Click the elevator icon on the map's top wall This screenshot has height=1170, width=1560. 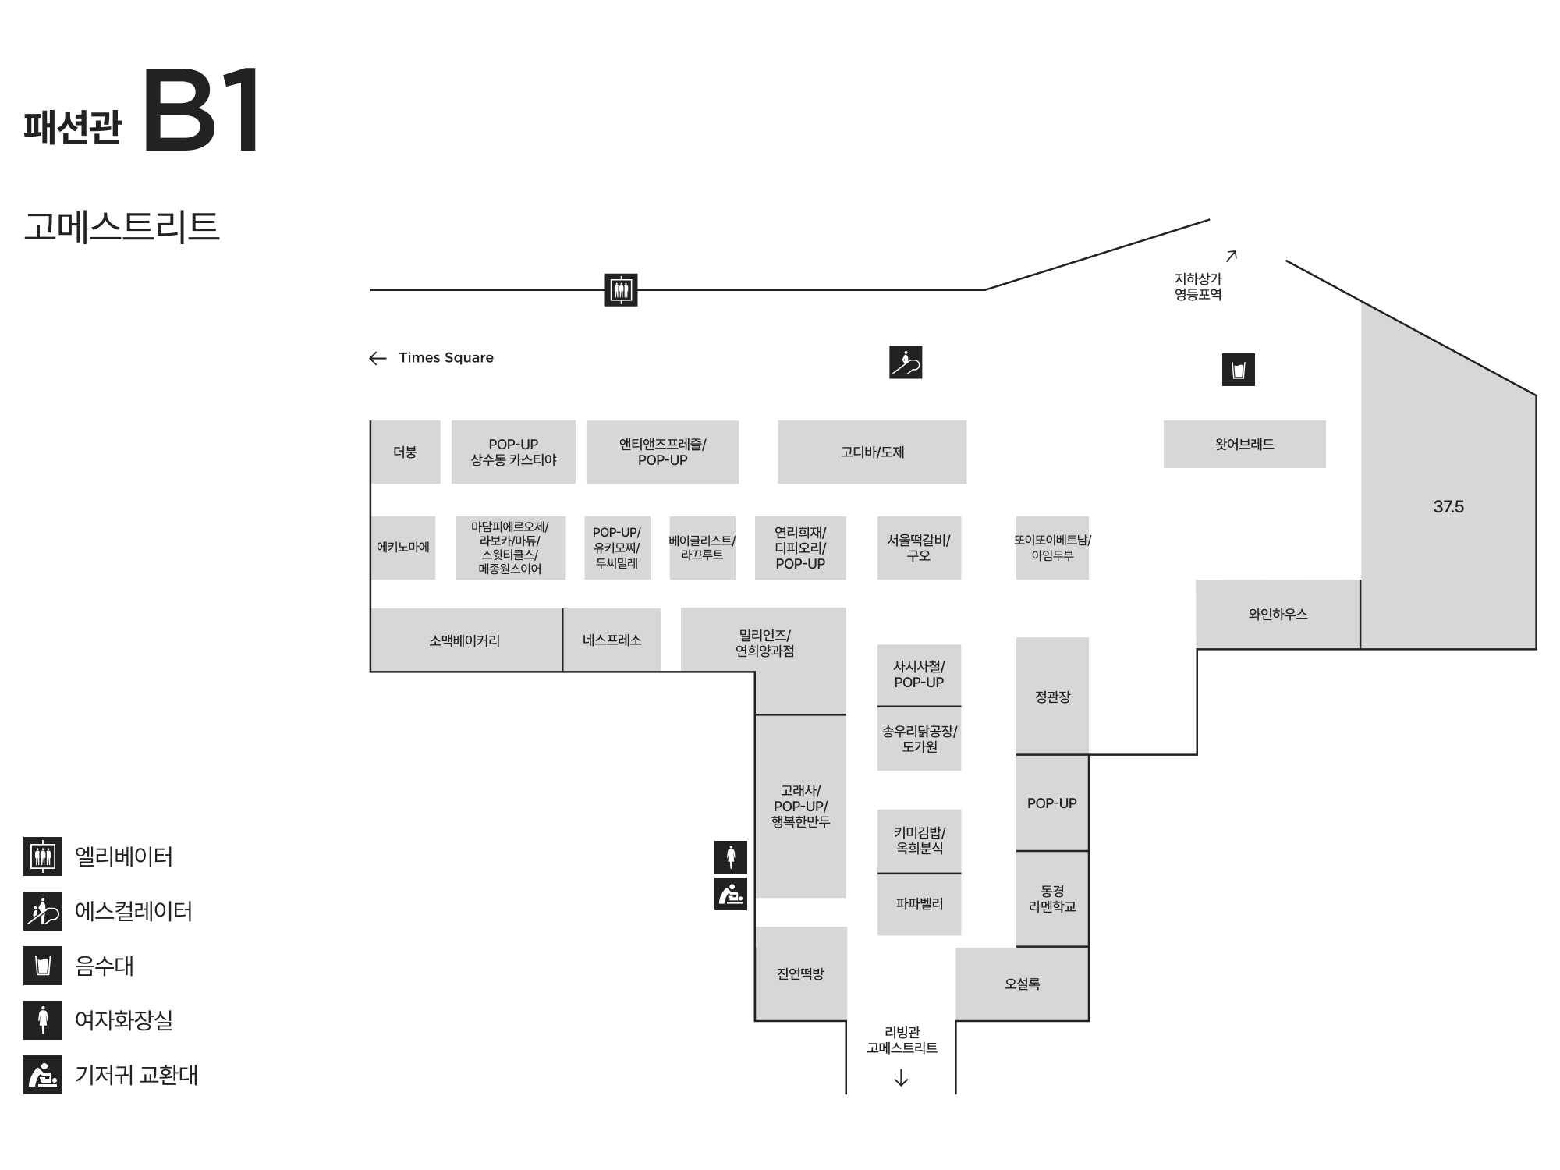(621, 290)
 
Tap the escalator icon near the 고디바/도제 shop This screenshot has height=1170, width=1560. (906, 363)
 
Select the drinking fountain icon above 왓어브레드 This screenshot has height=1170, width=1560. (1238, 370)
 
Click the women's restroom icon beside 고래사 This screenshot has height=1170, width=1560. (731, 856)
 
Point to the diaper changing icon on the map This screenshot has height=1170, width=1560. (731, 894)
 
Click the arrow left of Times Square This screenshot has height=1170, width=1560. (378, 358)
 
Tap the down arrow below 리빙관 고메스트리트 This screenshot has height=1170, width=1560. (901, 1078)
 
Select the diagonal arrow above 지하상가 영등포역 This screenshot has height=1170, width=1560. (1232, 256)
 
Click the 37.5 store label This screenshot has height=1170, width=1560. (1448, 507)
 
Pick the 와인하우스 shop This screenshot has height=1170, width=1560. (1278, 615)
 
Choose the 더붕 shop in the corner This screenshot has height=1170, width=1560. (405, 452)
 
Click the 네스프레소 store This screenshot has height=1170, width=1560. (612, 640)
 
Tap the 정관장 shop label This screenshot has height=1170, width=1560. (1052, 697)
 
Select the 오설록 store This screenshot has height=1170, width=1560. (1022, 984)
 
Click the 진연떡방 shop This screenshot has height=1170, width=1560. (800, 973)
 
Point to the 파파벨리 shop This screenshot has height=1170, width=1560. (919, 904)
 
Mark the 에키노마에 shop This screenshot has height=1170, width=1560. (402, 548)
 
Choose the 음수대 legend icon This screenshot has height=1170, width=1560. (43, 966)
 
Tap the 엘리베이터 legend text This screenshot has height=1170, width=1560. (123, 856)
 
